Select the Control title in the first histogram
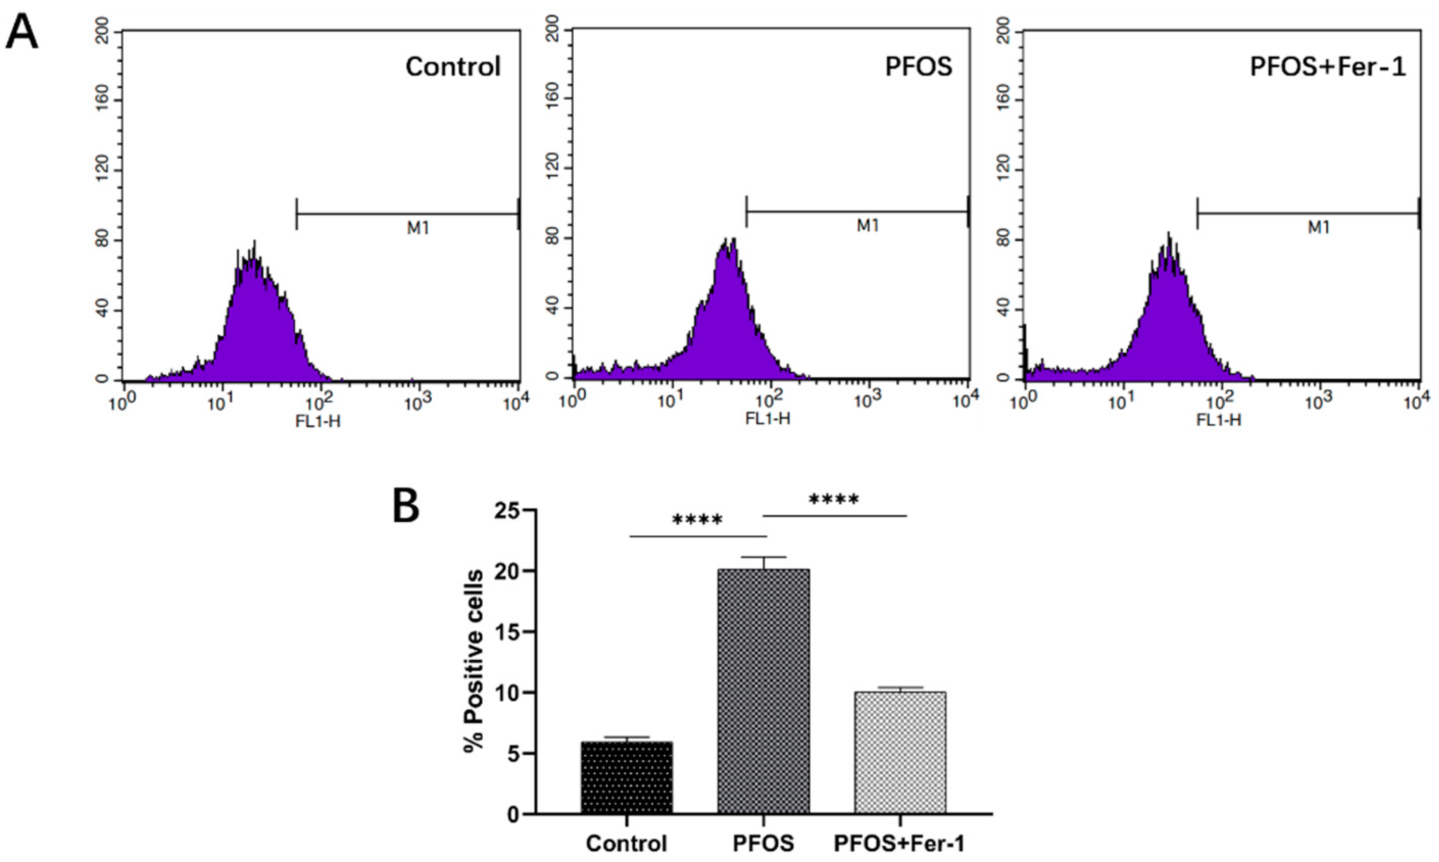click(x=453, y=67)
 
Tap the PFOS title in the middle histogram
click(x=918, y=67)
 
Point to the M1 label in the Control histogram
click(x=418, y=228)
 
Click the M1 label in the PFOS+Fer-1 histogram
click(x=1318, y=228)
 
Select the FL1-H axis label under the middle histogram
click(x=767, y=419)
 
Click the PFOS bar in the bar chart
click(x=763, y=697)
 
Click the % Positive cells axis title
click(x=475, y=661)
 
